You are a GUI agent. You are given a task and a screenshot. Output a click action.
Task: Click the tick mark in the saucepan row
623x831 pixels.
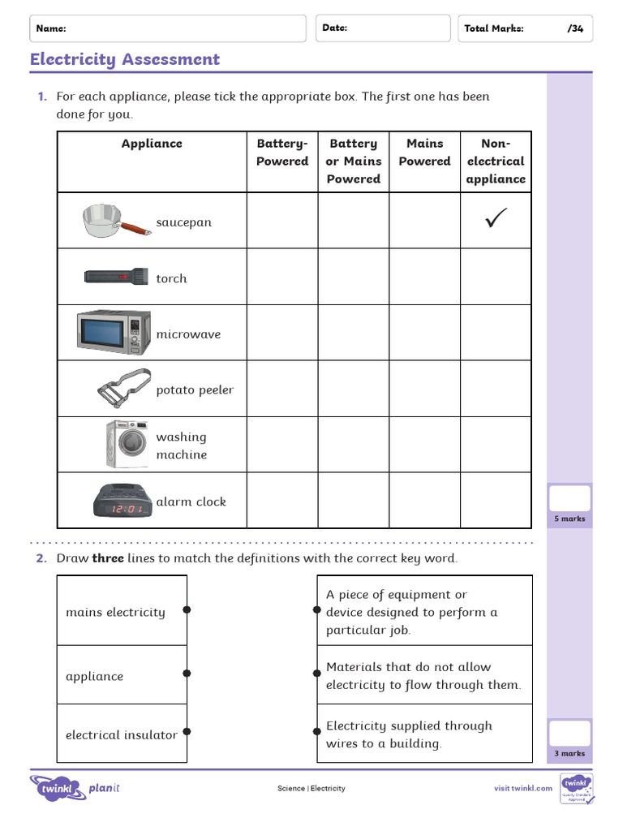point(496,219)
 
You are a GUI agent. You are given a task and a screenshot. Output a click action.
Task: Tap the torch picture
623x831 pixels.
point(114,277)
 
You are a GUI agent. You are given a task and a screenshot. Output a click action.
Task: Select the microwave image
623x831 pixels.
point(114,332)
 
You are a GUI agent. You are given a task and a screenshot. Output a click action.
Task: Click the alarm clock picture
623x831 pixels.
point(120,502)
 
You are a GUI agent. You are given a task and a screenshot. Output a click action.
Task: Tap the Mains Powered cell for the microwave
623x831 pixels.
point(424,333)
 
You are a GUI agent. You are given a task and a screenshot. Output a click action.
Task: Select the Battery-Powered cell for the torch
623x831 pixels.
point(282,277)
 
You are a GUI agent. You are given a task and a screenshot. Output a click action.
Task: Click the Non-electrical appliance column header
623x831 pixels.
point(496,161)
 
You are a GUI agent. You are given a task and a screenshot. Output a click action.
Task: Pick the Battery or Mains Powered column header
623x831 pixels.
point(353,161)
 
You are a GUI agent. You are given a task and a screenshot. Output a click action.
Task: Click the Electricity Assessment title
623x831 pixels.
point(125,59)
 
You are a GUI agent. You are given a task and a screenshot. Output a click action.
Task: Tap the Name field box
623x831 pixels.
point(169,28)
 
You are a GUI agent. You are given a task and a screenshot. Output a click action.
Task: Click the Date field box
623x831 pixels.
point(383,28)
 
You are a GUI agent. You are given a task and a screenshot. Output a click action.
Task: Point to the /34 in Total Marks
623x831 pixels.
point(575,28)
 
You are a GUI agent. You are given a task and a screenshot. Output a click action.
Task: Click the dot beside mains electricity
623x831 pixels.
point(187,609)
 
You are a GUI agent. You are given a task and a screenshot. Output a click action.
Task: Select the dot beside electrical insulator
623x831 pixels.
point(187,732)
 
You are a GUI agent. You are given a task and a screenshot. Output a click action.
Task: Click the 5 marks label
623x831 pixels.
point(569,519)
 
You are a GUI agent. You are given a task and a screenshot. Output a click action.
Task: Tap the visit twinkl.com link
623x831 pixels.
point(523,788)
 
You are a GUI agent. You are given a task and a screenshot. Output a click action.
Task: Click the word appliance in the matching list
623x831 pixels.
point(95,676)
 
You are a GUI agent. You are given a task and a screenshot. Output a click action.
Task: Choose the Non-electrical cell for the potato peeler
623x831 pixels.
point(496,389)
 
